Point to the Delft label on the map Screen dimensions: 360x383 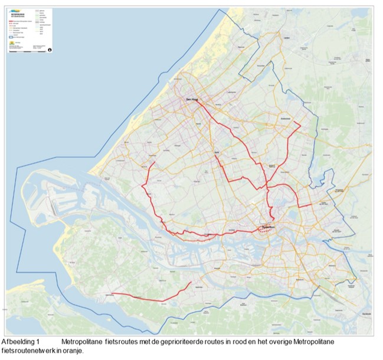[217, 152]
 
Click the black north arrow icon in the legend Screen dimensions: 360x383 [50, 50]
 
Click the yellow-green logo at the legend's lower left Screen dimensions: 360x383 [13, 44]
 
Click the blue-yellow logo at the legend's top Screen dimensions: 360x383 [14, 9]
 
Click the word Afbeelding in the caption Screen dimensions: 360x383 [17, 342]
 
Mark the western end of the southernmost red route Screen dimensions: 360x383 [112, 293]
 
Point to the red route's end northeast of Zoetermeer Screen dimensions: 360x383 [301, 125]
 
